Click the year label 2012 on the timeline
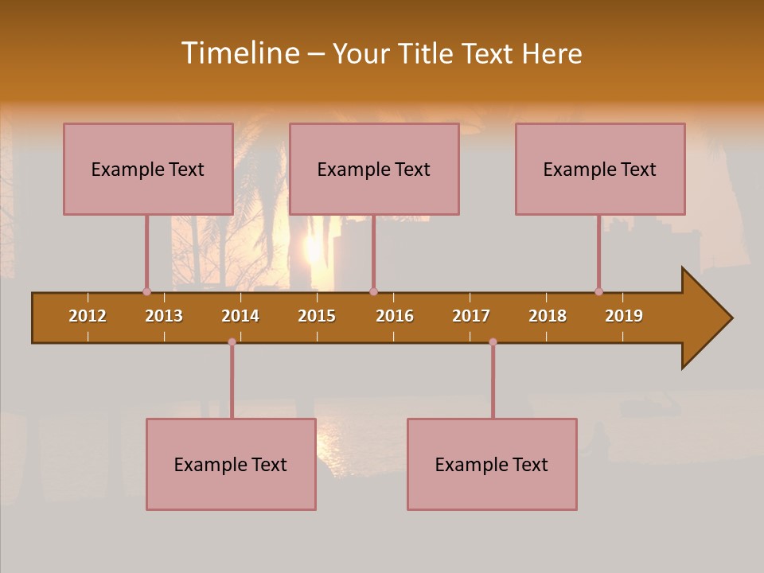tap(88, 316)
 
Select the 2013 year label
tap(164, 316)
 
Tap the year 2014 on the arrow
tap(240, 316)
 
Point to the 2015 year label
tap(317, 316)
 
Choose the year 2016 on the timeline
tap(395, 316)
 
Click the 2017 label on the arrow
tap(471, 316)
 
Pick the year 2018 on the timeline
tap(548, 316)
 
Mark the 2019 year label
tap(624, 316)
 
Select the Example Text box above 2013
tap(148, 169)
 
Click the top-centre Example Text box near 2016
tap(374, 169)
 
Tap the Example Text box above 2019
tap(600, 169)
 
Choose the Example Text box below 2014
tap(231, 464)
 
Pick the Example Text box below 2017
tap(492, 464)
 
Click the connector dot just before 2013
tap(146, 291)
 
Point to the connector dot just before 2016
tap(373, 291)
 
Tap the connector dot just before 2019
tap(598, 291)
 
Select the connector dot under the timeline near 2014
tap(232, 341)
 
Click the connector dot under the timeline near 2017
tap(493, 341)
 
